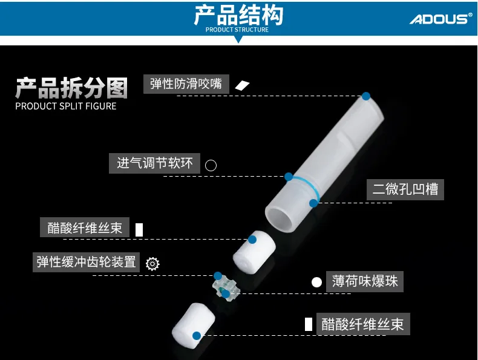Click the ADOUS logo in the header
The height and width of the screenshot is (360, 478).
click(440, 19)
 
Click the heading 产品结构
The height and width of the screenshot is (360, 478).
click(238, 15)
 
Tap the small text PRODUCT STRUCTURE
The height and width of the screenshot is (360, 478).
click(237, 30)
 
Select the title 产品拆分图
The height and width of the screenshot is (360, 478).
click(71, 88)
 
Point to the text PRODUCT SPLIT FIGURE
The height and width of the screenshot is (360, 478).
click(65, 106)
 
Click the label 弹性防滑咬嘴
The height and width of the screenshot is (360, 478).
click(186, 83)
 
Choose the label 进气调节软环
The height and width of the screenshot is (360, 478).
click(155, 163)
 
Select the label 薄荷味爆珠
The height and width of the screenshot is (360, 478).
click(364, 281)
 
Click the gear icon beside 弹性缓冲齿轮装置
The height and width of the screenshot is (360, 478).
click(152, 264)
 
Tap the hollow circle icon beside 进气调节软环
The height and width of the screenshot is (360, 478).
click(211, 165)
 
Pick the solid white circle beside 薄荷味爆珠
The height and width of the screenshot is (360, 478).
click(316, 282)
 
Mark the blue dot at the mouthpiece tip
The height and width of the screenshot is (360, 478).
click(365, 96)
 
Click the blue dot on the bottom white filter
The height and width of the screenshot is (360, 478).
click(196, 336)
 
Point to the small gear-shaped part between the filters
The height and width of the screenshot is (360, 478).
click(224, 287)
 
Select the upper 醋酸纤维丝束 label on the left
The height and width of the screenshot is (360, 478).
click(85, 227)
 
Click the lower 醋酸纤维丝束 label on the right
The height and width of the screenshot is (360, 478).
click(363, 324)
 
